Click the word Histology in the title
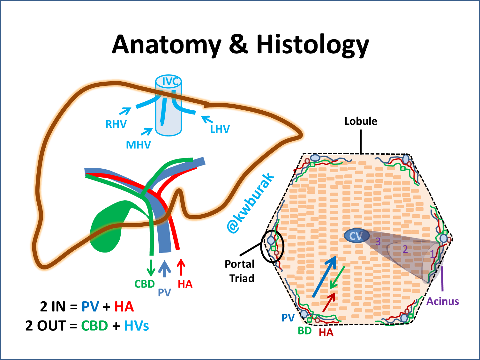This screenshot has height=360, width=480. pos(312,45)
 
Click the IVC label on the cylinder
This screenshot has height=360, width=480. pos(170,82)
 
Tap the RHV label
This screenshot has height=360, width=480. pos(116,124)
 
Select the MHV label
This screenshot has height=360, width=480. pos(138,145)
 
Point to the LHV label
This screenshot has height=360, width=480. pos(220,129)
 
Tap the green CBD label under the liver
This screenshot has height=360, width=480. pos(145,284)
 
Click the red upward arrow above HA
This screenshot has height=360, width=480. pos(181,267)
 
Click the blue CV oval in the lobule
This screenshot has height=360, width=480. pos(356,236)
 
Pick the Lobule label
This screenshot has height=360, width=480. pos(361,121)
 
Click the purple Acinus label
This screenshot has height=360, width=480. pos(443,301)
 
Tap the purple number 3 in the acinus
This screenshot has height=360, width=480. pos(378,242)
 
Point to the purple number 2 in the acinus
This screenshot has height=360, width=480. pos(405,249)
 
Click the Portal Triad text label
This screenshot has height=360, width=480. pos(240,271)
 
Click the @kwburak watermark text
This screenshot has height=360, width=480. pos(251,203)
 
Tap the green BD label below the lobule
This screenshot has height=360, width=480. pos(304,331)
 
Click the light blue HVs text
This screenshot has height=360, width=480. pos(136,326)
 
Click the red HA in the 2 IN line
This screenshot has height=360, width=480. pos(124,307)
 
